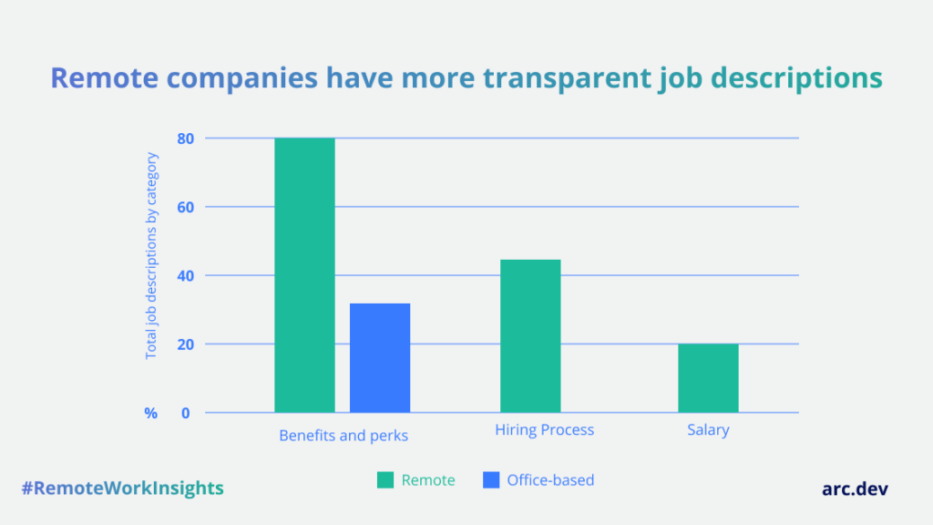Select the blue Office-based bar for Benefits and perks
[380, 357]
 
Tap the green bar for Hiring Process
[530, 335]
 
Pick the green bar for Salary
[708, 378]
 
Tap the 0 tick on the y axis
[185, 413]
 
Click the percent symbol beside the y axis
[150, 413]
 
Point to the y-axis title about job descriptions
[152, 256]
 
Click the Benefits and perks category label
[343, 436]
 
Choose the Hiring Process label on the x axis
[544, 429]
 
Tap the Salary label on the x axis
[708, 429]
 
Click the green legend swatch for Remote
[385, 480]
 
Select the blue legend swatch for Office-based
[491, 480]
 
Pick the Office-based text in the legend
[550, 479]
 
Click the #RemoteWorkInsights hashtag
[122, 488]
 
